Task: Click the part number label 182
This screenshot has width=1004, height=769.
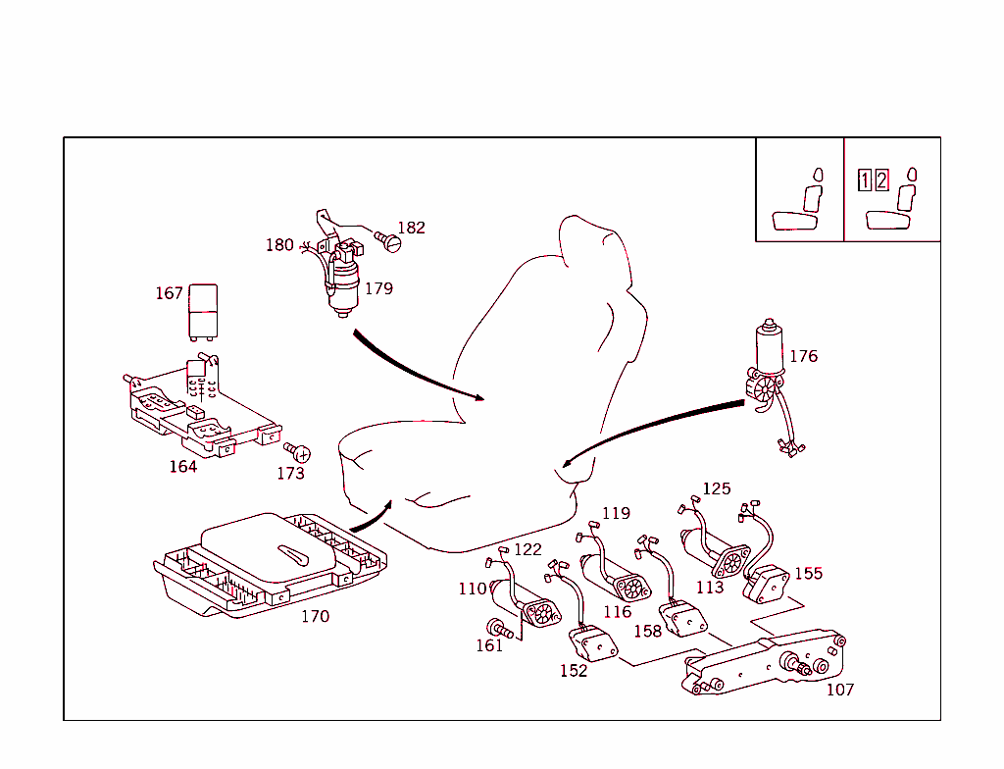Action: [x=411, y=228]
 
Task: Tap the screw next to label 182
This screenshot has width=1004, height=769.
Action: [x=390, y=240]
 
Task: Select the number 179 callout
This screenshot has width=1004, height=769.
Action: [x=378, y=288]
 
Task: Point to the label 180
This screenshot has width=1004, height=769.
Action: [x=279, y=245]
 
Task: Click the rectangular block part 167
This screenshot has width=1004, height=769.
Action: [x=203, y=310]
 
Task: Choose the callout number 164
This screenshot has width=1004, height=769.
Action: [x=183, y=467]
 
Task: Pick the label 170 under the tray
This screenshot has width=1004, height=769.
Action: [x=315, y=617]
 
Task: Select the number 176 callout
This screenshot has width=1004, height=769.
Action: [x=803, y=356]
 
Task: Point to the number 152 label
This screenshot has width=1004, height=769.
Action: [x=574, y=671]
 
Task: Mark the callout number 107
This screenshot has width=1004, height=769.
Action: [x=840, y=690]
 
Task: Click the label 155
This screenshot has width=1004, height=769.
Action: [x=809, y=574]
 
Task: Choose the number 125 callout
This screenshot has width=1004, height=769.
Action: [x=717, y=488]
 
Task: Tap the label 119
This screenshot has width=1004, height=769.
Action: [x=616, y=513]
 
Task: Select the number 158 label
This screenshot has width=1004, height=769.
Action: [x=647, y=632]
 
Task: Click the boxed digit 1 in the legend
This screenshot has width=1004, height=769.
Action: [x=865, y=180]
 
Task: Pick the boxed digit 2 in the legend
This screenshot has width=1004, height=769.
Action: [x=881, y=180]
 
